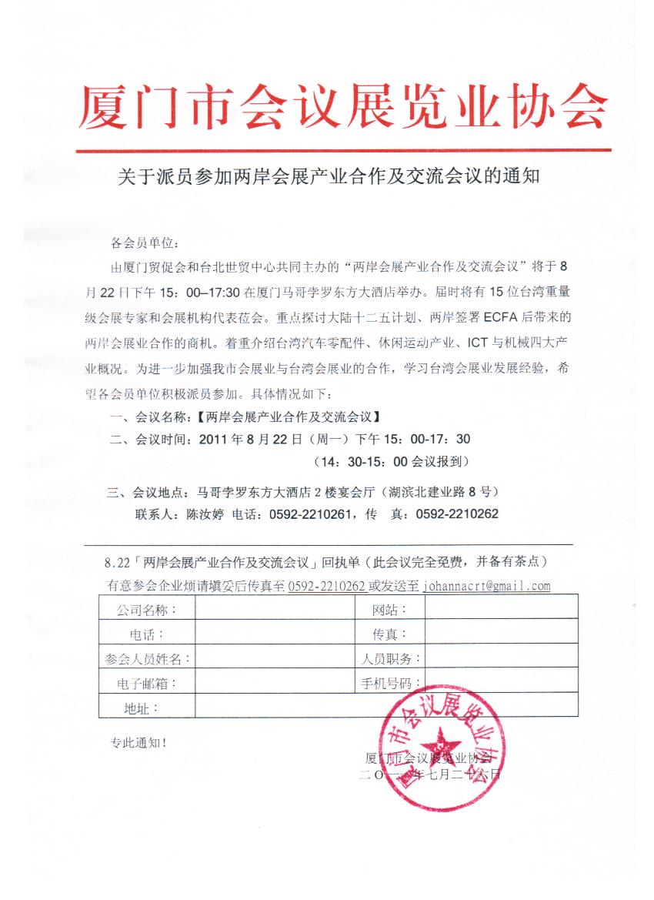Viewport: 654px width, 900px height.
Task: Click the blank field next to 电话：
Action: tap(274, 634)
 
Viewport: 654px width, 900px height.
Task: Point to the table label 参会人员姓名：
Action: tap(147, 658)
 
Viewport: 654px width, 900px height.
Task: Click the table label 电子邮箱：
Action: tap(147, 683)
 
